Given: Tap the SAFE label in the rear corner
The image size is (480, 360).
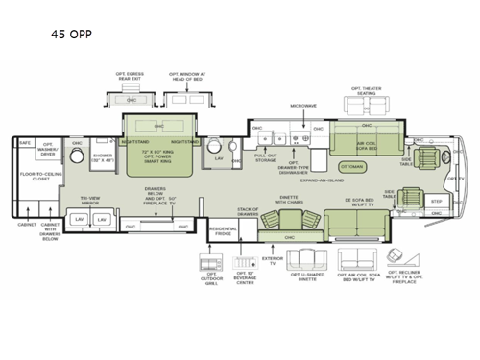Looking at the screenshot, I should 26,143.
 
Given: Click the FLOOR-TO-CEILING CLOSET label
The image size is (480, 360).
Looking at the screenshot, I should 39,178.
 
